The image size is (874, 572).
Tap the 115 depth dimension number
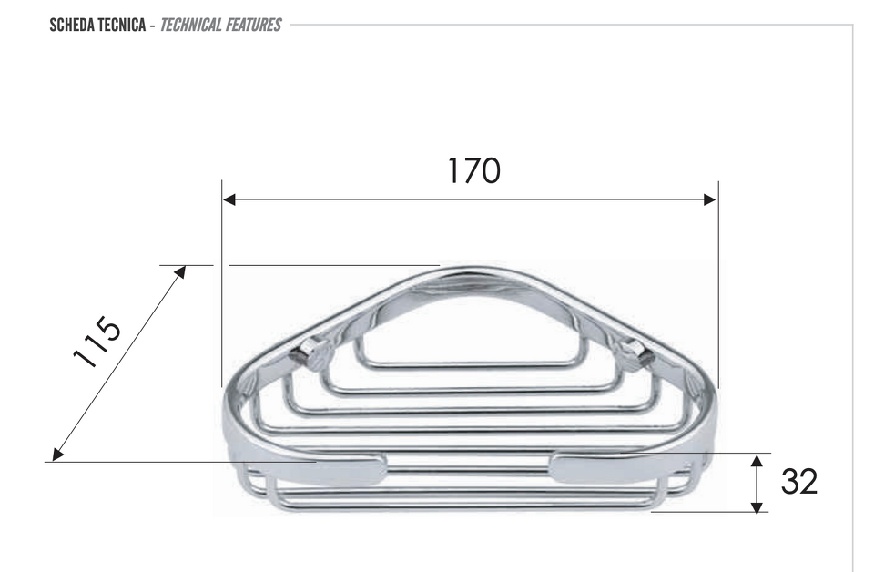97,342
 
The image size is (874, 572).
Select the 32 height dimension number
798,482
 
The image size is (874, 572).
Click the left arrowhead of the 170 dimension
229,199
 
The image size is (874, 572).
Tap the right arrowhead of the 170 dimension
710,199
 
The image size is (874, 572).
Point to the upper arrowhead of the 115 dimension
180,272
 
